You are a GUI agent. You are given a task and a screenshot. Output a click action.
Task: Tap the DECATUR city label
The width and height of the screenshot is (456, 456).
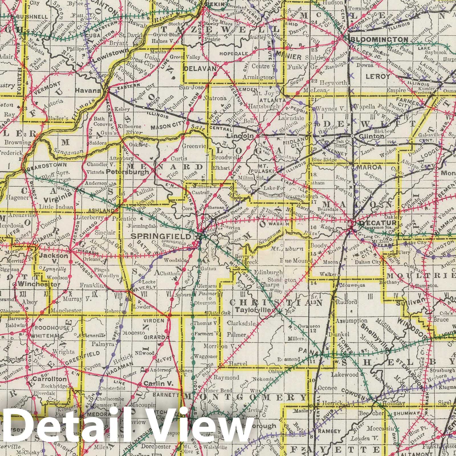(370, 223)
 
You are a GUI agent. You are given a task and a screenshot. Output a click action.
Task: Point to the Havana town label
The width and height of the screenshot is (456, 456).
(92, 91)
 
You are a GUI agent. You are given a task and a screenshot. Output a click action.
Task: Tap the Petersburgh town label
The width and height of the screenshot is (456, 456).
(131, 172)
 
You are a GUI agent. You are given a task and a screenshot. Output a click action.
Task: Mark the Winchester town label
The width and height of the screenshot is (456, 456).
(39, 284)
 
